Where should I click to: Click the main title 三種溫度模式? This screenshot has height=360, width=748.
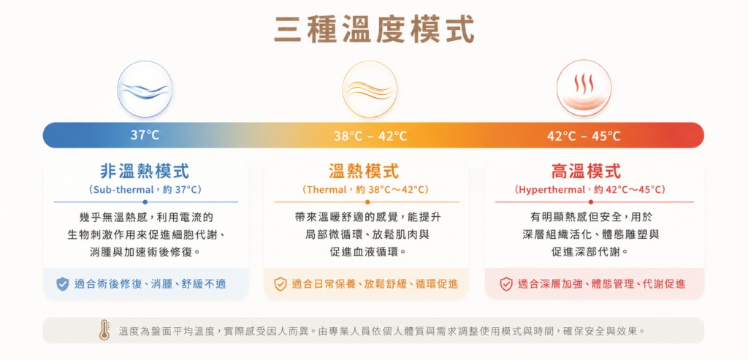(374, 29)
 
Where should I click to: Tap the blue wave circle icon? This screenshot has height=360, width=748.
(145, 89)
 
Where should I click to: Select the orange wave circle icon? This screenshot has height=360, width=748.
(370, 89)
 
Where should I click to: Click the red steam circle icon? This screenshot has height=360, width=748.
(584, 88)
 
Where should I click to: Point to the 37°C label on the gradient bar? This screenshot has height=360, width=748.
(145, 135)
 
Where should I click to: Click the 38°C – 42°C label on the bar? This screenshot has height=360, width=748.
(370, 137)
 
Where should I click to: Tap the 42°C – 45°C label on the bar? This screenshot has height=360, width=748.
(584, 137)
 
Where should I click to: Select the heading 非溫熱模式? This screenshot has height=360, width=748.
(145, 171)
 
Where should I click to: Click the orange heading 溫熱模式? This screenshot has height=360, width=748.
(364, 171)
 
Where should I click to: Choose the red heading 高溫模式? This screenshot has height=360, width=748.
(587, 171)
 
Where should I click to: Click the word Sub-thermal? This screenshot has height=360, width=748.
(122, 190)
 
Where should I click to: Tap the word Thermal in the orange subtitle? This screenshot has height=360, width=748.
(327, 190)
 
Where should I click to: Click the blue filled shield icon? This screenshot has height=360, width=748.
(63, 284)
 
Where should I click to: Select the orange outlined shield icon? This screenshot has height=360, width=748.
(280, 284)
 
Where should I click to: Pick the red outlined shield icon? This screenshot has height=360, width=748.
(506, 284)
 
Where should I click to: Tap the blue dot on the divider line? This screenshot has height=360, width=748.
(145, 202)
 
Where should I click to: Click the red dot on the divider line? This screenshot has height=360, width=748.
(591, 202)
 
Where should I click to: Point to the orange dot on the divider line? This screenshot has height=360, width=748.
(367, 202)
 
